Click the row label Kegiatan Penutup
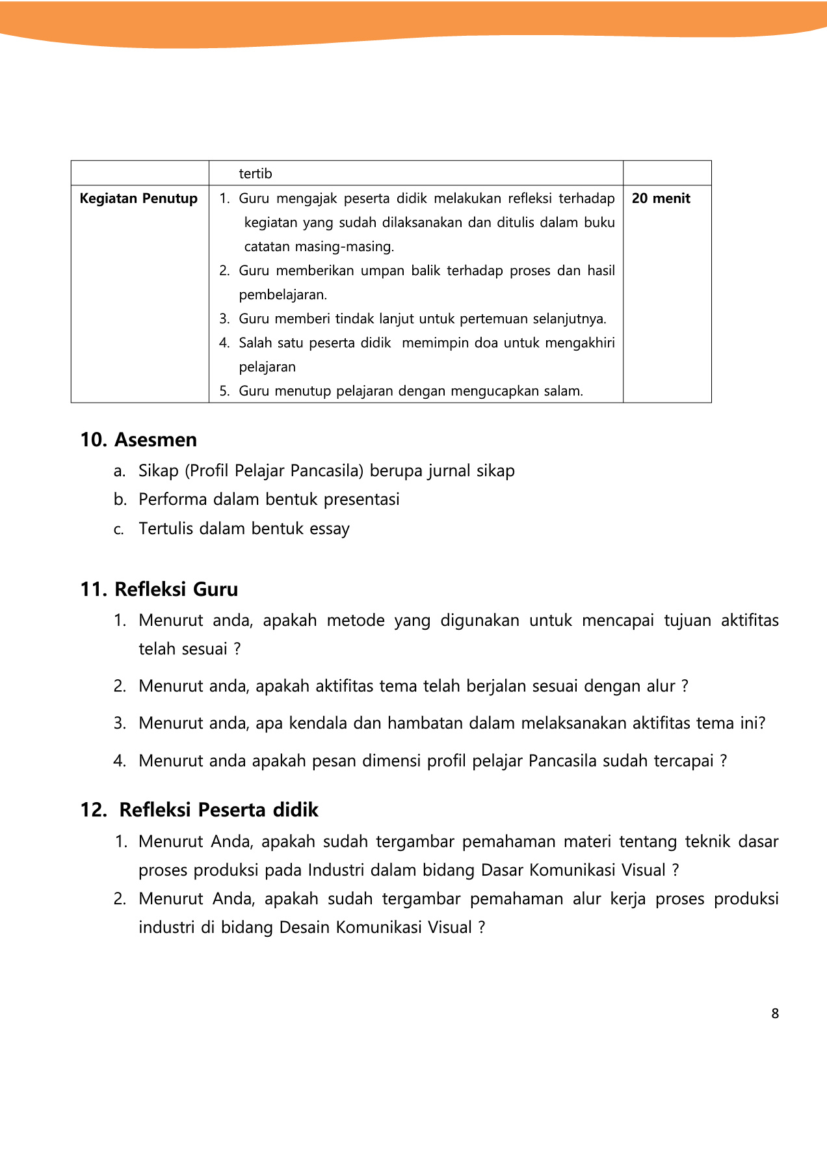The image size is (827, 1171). [x=138, y=198]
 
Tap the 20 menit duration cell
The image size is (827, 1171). [x=661, y=198]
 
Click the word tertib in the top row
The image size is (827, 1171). [x=256, y=174]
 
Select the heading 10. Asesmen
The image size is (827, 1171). [x=138, y=440]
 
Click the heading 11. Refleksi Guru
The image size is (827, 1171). [x=159, y=589]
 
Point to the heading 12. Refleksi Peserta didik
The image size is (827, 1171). [x=199, y=810]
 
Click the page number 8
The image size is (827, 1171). [x=775, y=1014]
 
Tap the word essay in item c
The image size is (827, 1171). [x=330, y=529]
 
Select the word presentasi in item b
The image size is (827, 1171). [x=361, y=500]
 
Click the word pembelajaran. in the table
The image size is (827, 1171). [x=283, y=295]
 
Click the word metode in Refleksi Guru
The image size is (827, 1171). [x=356, y=621]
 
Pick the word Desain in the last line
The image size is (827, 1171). [x=304, y=928]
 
